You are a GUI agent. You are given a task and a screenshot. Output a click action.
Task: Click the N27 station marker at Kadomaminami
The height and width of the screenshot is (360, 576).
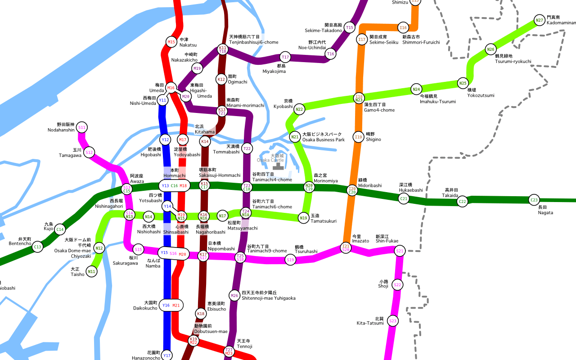point(539,20)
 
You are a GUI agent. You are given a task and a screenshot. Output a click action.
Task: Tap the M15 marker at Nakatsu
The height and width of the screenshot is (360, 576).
point(171,42)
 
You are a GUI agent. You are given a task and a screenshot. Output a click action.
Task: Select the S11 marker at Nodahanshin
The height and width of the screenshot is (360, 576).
point(82,127)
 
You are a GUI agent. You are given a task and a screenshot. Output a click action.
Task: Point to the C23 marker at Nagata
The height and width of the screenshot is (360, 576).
point(534,200)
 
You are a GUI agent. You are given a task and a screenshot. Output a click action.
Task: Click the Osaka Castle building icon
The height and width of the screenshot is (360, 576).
point(277,166)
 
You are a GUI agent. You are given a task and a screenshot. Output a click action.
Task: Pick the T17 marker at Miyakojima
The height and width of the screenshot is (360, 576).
point(285,57)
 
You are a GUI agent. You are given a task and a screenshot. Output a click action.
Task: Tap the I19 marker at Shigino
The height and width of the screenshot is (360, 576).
point(358,137)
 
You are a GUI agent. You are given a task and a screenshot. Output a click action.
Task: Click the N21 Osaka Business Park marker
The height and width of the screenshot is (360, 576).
point(295,137)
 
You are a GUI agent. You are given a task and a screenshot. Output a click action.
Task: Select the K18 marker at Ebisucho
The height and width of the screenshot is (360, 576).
point(201,313)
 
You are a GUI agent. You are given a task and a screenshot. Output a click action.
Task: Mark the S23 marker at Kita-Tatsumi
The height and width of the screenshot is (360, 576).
point(393,321)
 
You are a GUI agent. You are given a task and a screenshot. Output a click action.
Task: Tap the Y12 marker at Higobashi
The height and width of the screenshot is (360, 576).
point(165,139)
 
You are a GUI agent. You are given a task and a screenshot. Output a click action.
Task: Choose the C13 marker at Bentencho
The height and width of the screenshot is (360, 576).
point(37,247)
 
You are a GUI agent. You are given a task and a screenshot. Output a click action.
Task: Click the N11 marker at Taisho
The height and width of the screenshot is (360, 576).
point(91,271)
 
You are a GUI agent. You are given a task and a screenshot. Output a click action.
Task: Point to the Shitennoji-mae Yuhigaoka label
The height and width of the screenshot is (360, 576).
point(268,295)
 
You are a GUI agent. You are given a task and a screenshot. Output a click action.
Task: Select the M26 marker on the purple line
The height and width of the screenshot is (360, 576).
point(234,296)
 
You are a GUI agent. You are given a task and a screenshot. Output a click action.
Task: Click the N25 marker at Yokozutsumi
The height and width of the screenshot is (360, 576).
point(463,83)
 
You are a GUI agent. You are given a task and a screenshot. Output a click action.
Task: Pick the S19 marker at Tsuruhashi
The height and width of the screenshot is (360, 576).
point(290,260)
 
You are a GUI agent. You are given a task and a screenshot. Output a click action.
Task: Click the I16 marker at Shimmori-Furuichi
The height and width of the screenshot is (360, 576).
point(403,28)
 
